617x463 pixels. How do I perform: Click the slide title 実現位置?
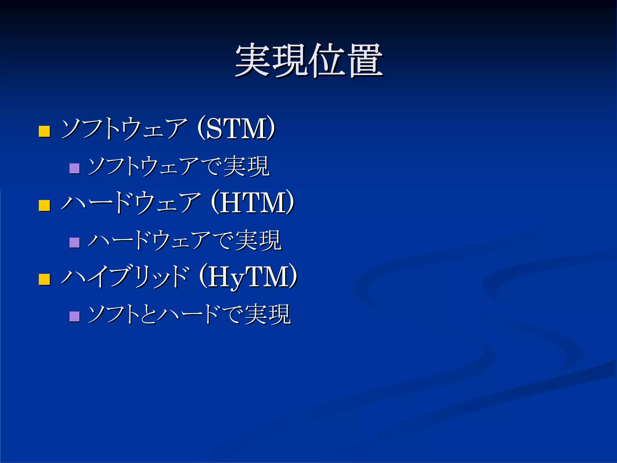(x=309, y=60)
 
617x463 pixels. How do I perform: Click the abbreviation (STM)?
(x=236, y=129)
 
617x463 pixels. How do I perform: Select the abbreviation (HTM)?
(x=252, y=203)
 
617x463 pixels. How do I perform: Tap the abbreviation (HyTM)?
(x=248, y=277)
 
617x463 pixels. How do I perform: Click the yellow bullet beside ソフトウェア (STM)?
(x=44, y=131)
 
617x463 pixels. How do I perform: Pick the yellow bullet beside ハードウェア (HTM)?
(x=44, y=205)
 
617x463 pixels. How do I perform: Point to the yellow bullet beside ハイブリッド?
(x=44, y=279)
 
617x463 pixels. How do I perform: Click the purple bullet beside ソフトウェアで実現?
(x=74, y=168)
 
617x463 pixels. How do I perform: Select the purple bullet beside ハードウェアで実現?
(x=74, y=242)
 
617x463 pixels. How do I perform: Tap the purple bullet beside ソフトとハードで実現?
(x=74, y=317)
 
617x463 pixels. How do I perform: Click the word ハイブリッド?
(x=125, y=277)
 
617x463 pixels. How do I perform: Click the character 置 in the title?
(x=365, y=60)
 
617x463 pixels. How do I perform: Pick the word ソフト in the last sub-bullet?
(x=113, y=314)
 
